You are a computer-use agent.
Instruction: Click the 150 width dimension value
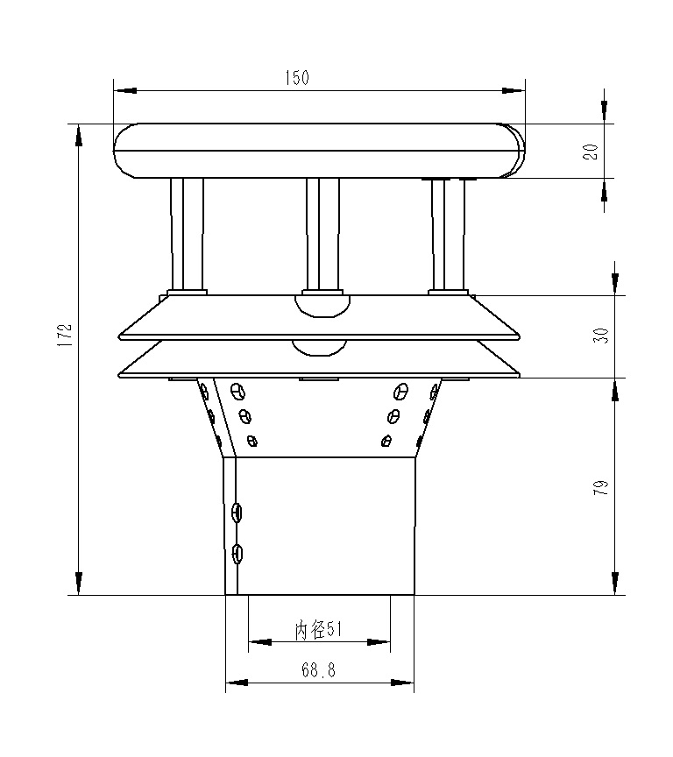click(x=297, y=78)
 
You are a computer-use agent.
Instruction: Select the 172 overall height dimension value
click(x=63, y=337)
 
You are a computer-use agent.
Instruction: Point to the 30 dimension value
click(x=600, y=335)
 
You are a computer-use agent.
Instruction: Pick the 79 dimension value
click(x=600, y=488)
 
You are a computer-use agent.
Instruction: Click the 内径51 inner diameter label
click(x=317, y=628)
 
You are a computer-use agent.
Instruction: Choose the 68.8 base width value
click(x=318, y=670)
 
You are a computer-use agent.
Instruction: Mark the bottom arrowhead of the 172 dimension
click(x=79, y=583)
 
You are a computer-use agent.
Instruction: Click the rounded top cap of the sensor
click(x=319, y=150)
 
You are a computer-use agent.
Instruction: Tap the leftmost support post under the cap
click(x=187, y=234)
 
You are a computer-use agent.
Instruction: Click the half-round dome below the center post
click(x=322, y=304)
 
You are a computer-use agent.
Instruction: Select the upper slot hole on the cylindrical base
click(x=237, y=512)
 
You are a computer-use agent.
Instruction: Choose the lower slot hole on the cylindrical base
click(x=237, y=553)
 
